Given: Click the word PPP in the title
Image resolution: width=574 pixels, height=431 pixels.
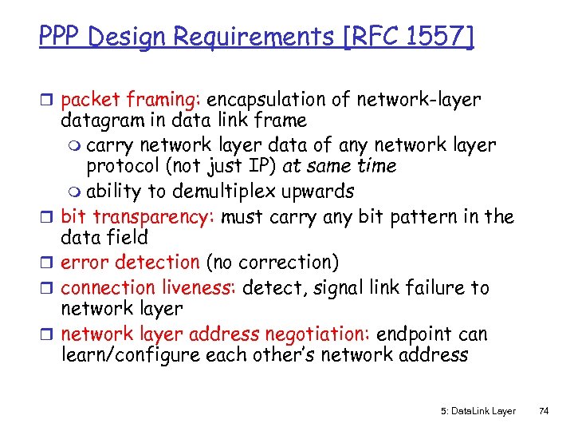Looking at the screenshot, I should pos(60,37).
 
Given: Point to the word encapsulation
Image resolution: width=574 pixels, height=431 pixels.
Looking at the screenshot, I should pos(271,100).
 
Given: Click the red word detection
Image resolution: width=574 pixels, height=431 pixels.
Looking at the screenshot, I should pos(157,262).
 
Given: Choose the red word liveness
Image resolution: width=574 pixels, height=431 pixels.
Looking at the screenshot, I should pos(199,287).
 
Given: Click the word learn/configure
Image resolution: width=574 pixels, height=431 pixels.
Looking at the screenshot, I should pos(132,355).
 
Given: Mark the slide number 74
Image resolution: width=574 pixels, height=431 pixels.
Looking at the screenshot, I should pos(544,411).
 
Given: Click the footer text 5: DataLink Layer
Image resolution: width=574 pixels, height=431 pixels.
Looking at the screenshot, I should pos(478,411).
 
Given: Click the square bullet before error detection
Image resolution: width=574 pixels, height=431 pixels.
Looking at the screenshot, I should pos(50,263).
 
